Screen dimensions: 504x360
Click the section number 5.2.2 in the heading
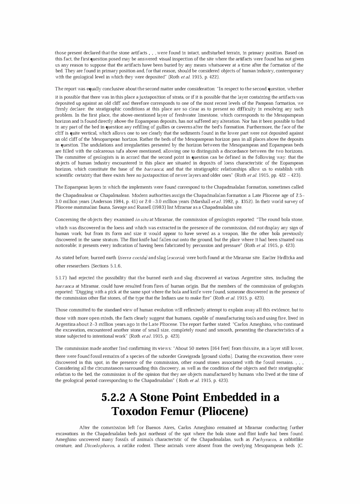click(114, 397)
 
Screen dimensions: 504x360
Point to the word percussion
click(202, 246)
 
